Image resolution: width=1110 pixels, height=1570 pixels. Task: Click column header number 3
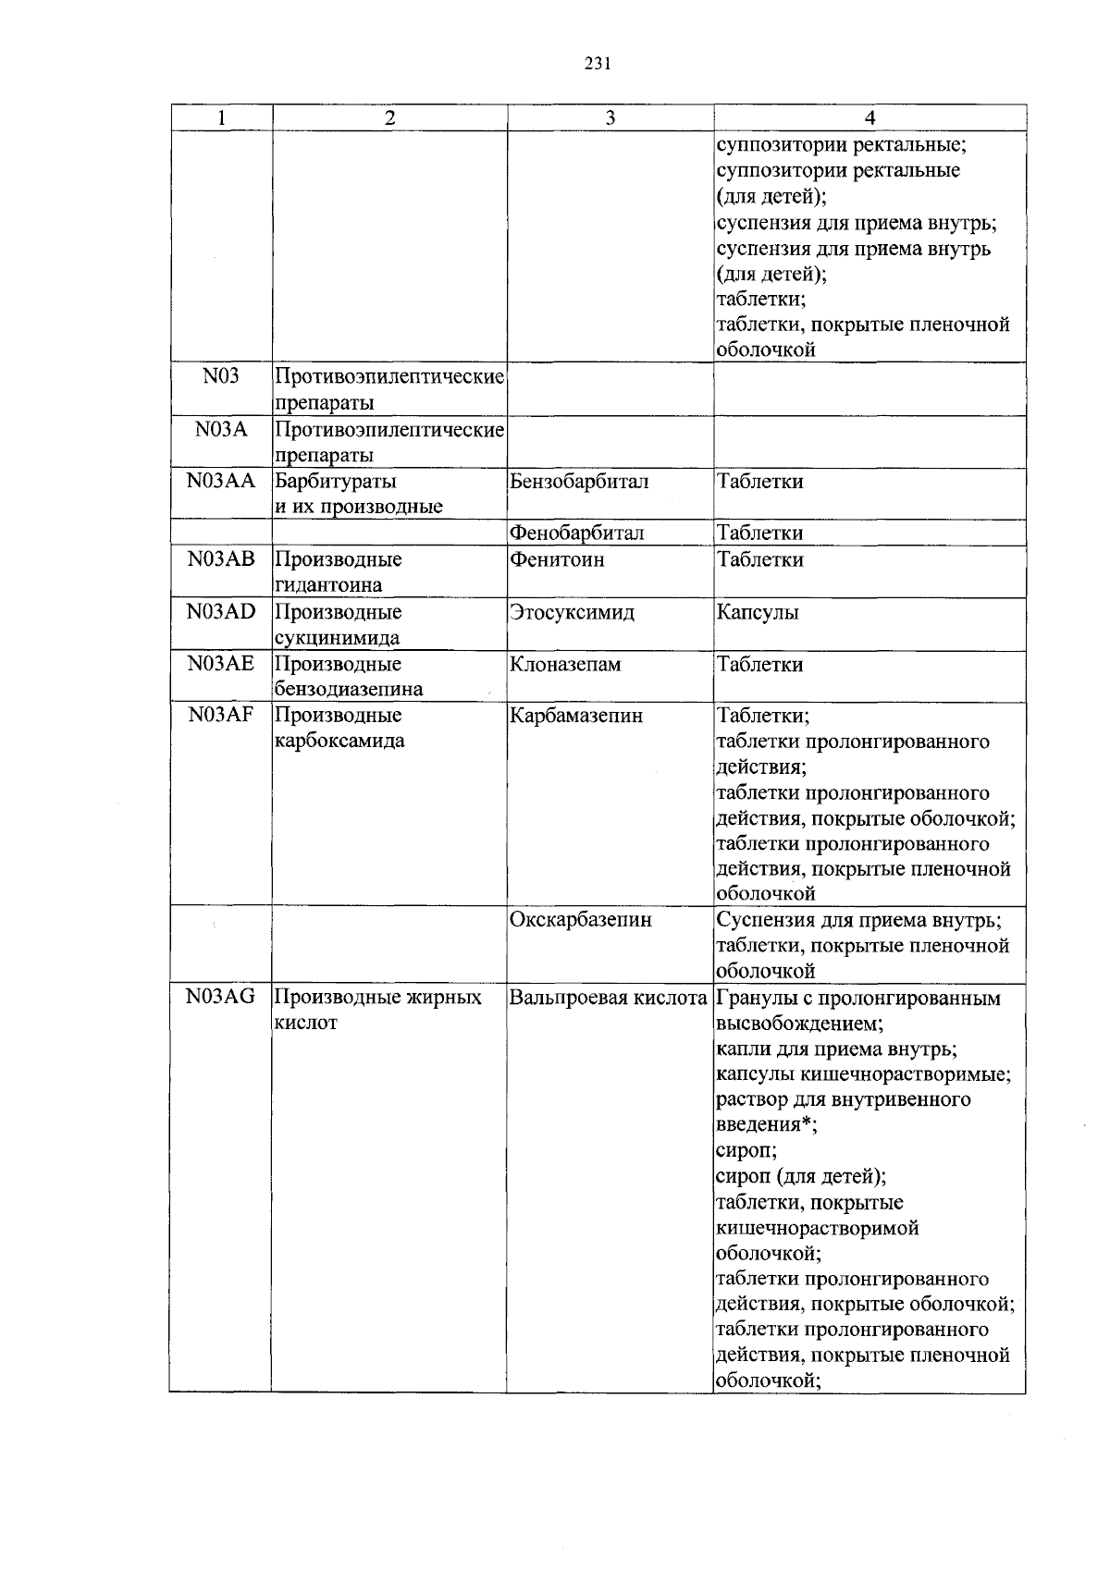pyautogui.click(x=610, y=117)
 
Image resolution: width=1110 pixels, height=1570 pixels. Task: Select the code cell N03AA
pyautogui.click(x=220, y=481)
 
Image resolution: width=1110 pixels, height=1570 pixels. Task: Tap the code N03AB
pyautogui.click(x=220, y=559)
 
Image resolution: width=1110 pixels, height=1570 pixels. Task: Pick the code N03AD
pyautogui.click(x=220, y=612)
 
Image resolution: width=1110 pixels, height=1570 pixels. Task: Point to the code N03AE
pyautogui.click(x=220, y=664)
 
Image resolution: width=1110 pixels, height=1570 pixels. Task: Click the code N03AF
pyautogui.click(x=220, y=716)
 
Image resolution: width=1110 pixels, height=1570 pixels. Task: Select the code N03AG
pyautogui.click(x=220, y=997)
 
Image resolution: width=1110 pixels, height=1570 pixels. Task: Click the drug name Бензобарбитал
pyautogui.click(x=579, y=481)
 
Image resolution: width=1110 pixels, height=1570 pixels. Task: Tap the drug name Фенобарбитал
pyautogui.click(x=576, y=534)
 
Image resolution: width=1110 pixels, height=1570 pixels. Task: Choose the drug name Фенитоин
pyautogui.click(x=557, y=559)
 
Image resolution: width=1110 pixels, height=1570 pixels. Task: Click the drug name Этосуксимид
pyautogui.click(x=572, y=612)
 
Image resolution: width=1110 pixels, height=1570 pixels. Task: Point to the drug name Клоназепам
pyautogui.click(x=565, y=664)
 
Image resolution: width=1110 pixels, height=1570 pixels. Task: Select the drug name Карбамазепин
pyautogui.click(x=575, y=716)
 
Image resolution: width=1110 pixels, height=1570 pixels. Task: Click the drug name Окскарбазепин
pyautogui.click(x=580, y=920)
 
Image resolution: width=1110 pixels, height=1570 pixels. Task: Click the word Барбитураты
pyautogui.click(x=336, y=481)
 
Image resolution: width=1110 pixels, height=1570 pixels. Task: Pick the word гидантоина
pyautogui.click(x=328, y=585)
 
